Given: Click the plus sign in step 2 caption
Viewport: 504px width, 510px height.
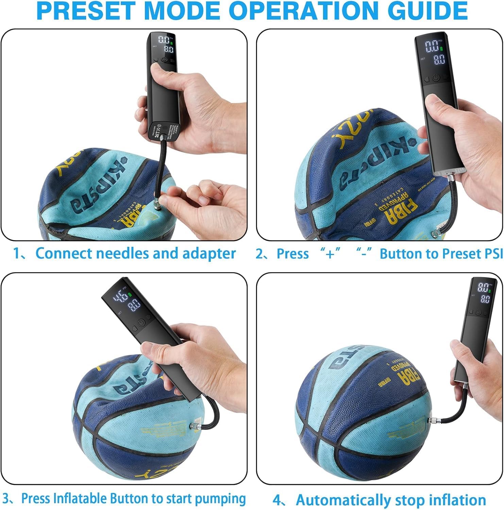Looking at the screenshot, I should pyautogui.click(x=330, y=254).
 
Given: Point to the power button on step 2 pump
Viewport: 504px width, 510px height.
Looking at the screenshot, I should pyautogui.click(x=436, y=79).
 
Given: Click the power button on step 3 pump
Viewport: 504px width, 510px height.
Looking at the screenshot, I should pyautogui.click(x=141, y=323).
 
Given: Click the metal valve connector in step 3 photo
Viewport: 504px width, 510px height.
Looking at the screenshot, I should pyautogui.click(x=195, y=425).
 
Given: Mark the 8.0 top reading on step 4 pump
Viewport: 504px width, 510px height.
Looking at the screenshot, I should pyautogui.click(x=483, y=288).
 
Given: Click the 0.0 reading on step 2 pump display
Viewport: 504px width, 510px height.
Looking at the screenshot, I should pyautogui.click(x=432, y=46).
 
